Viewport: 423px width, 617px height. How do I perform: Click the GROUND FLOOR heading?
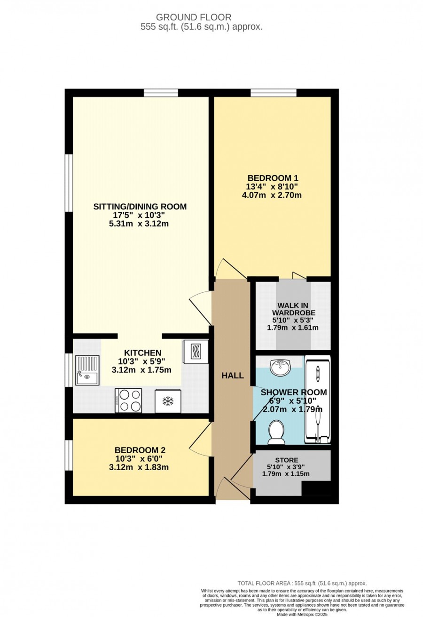(x=194, y=17)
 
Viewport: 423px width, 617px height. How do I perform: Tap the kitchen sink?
(x=87, y=370)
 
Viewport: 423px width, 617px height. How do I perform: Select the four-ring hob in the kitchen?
(x=128, y=401)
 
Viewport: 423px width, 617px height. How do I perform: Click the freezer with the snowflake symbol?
(x=168, y=401)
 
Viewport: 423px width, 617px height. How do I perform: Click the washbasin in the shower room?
(x=280, y=367)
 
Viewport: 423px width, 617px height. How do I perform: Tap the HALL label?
(x=233, y=376)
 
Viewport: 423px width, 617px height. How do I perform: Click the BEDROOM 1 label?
(x=273, y=178)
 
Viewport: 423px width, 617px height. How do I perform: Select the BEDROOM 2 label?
(x=140, y=450)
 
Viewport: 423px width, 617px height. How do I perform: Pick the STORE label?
(x=287, y=460)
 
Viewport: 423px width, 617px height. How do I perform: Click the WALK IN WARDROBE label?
(x=293, y=309)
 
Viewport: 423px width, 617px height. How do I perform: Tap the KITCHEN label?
(x=142, y=353)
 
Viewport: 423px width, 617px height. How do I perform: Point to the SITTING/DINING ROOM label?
(x=140, y=207)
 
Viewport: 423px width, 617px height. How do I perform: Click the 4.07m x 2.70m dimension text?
(x=272, y=195)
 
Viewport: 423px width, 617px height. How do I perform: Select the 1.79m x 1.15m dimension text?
(x=286, y=474)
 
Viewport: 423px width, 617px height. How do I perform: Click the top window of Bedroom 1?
(x=274, y=93)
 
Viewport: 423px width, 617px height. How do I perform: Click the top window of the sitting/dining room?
(x=161, y=93)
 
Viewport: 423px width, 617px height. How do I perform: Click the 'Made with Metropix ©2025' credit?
(x=302, y=615)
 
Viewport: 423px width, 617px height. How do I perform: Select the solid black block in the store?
(x=316, y=489)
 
